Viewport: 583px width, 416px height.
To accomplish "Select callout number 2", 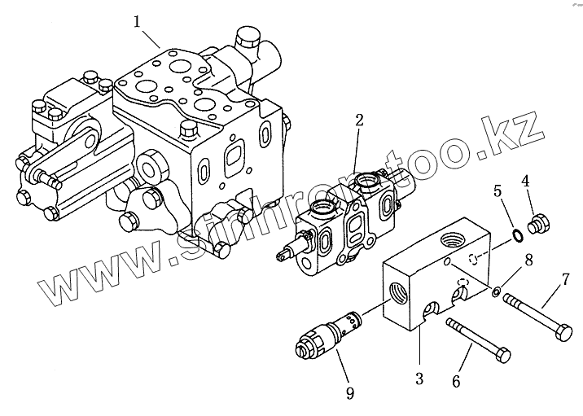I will [x=359, y=120].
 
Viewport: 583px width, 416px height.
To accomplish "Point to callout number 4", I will [x=525, y=180].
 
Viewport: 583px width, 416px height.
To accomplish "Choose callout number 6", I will [x=456, y=380].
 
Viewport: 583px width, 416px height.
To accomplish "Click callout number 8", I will [x=528, y=261].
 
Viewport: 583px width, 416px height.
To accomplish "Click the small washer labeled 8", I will [x=496, y=291].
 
